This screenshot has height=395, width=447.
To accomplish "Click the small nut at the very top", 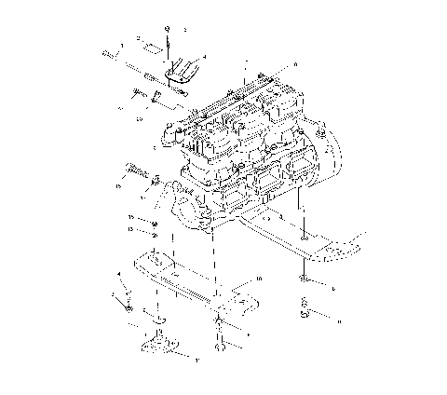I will [166, 30].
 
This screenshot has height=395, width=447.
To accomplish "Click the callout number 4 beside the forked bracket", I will [205, 57].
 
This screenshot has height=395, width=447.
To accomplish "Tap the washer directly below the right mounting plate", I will [305, 278].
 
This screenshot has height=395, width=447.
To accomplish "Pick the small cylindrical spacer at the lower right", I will [304, 307].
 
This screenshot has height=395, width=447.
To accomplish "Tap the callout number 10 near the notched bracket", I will [259, 279].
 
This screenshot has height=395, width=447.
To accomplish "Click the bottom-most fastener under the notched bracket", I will [220, 349].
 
